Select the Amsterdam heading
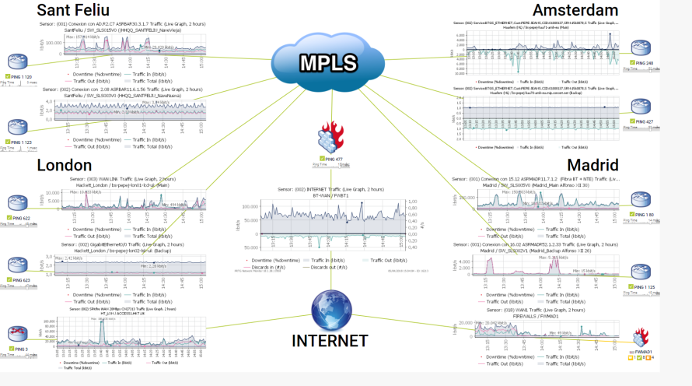click(575, 10)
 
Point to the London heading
click(64, 165)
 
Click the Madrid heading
click(592, 165)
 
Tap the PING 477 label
click(334, 159)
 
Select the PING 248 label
click(644, 63)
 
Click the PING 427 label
click(644, 122)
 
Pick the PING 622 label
click(20, 219)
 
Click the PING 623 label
click(20, 280)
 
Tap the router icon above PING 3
click(18, 335)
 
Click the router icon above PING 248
click(642, 47)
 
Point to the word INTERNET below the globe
click(330, 340)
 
